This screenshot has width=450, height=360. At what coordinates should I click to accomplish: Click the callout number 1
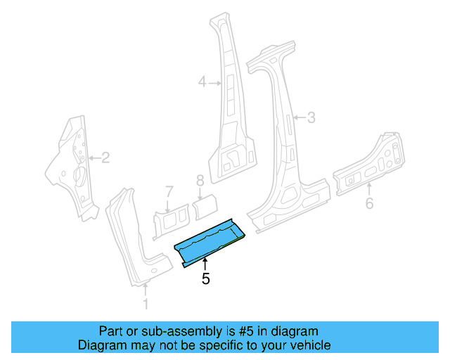pyautogui.click(x=146, y=304)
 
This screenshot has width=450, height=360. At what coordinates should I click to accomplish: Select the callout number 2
pyautogui.click(x=105, y=157)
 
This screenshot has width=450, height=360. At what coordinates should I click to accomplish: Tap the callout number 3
pyautogui.click(x=311, y=117)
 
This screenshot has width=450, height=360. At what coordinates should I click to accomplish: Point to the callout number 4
pyautogui.click(x=202, y=83)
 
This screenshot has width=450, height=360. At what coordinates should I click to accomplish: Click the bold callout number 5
pyautogui.click(x=205, y=278)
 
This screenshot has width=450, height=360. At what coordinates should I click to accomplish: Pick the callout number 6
pyautogui.click(x=369, y=204)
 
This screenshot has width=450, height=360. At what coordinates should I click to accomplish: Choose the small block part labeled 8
pyautogui.click(x=205, y=205)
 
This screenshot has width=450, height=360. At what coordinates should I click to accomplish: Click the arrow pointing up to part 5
pyautogui.click(x=205, y=264)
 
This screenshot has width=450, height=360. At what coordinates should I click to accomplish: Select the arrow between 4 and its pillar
pyautogui.click(x=214, y=83)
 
